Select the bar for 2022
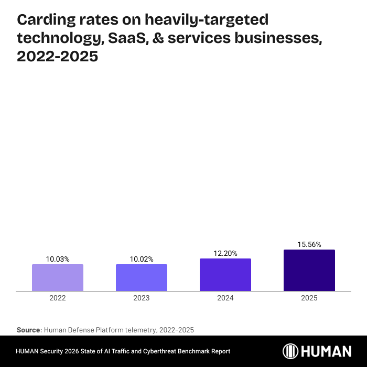[58, 277]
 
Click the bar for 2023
[142, 277]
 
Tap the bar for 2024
[225, 275]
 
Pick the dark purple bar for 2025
[309, 270]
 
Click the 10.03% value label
[58, 259]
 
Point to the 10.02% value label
[142, 259]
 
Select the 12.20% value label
[225, 253]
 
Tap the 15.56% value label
[309, 244]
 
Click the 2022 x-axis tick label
[58, 298]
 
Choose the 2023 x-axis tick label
[142, 298]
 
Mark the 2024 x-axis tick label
[225, 298]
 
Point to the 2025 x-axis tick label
[309, 298]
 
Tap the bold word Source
[29, 330]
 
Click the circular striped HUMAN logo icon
[292, 351]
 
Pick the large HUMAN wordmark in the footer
[328, 351]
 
